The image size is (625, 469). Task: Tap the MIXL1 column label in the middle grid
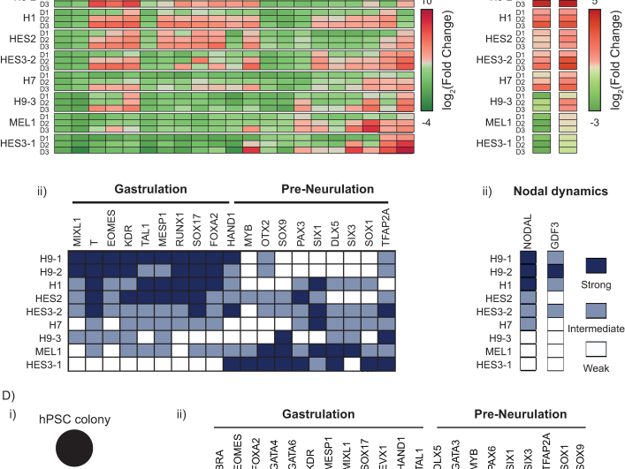(77, 231)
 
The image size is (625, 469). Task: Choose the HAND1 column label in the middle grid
(232, 231)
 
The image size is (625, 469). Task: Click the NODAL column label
(529, 231)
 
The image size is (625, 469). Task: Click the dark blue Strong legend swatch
(597, 265)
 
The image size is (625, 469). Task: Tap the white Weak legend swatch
(597, 348)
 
